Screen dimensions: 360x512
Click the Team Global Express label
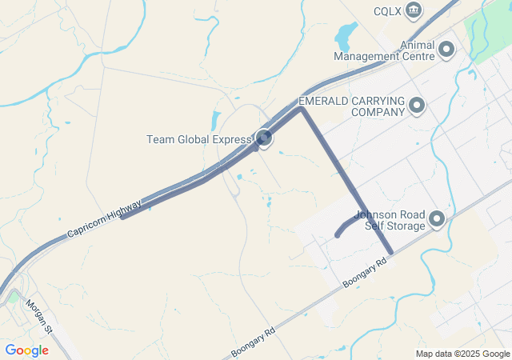pyautogui.click(x=198, y=139)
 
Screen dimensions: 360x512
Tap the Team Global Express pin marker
pyautogui.click(x=263, y=138)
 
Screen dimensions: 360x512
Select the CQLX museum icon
pyautogui.click(x=414, y=10)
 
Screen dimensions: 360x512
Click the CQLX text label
pyautogui.click(x=387, y=11)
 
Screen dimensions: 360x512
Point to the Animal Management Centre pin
pyautogui.click(x=446, y=50)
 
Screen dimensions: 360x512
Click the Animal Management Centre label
pyautogui.click(x=384, y=50)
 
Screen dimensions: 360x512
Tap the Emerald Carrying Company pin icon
pyautogui.click(x=416, y=106)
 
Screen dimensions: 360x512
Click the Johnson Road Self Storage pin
pyautogui.click(x=437, y=218)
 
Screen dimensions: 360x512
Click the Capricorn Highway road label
pyautogui.click(x=104, y=218)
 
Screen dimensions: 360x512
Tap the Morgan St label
pyautogui.click(x=38, y=317)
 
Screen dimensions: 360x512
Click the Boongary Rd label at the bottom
pyautogui.click(x=252, y=341)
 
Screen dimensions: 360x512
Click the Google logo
pyautogui.click(x=26, y=350)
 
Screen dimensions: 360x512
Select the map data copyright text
pyautogui.click(x=462, y=354)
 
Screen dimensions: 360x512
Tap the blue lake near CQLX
pyautogui.click(x=346, y=35)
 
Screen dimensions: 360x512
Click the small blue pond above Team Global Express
pyautogui.click(x=215, y=121)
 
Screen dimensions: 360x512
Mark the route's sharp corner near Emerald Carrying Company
pyautogui.click(x=301, y=109)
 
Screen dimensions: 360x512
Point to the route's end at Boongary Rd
pyautogui.click(x=390, y=253)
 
